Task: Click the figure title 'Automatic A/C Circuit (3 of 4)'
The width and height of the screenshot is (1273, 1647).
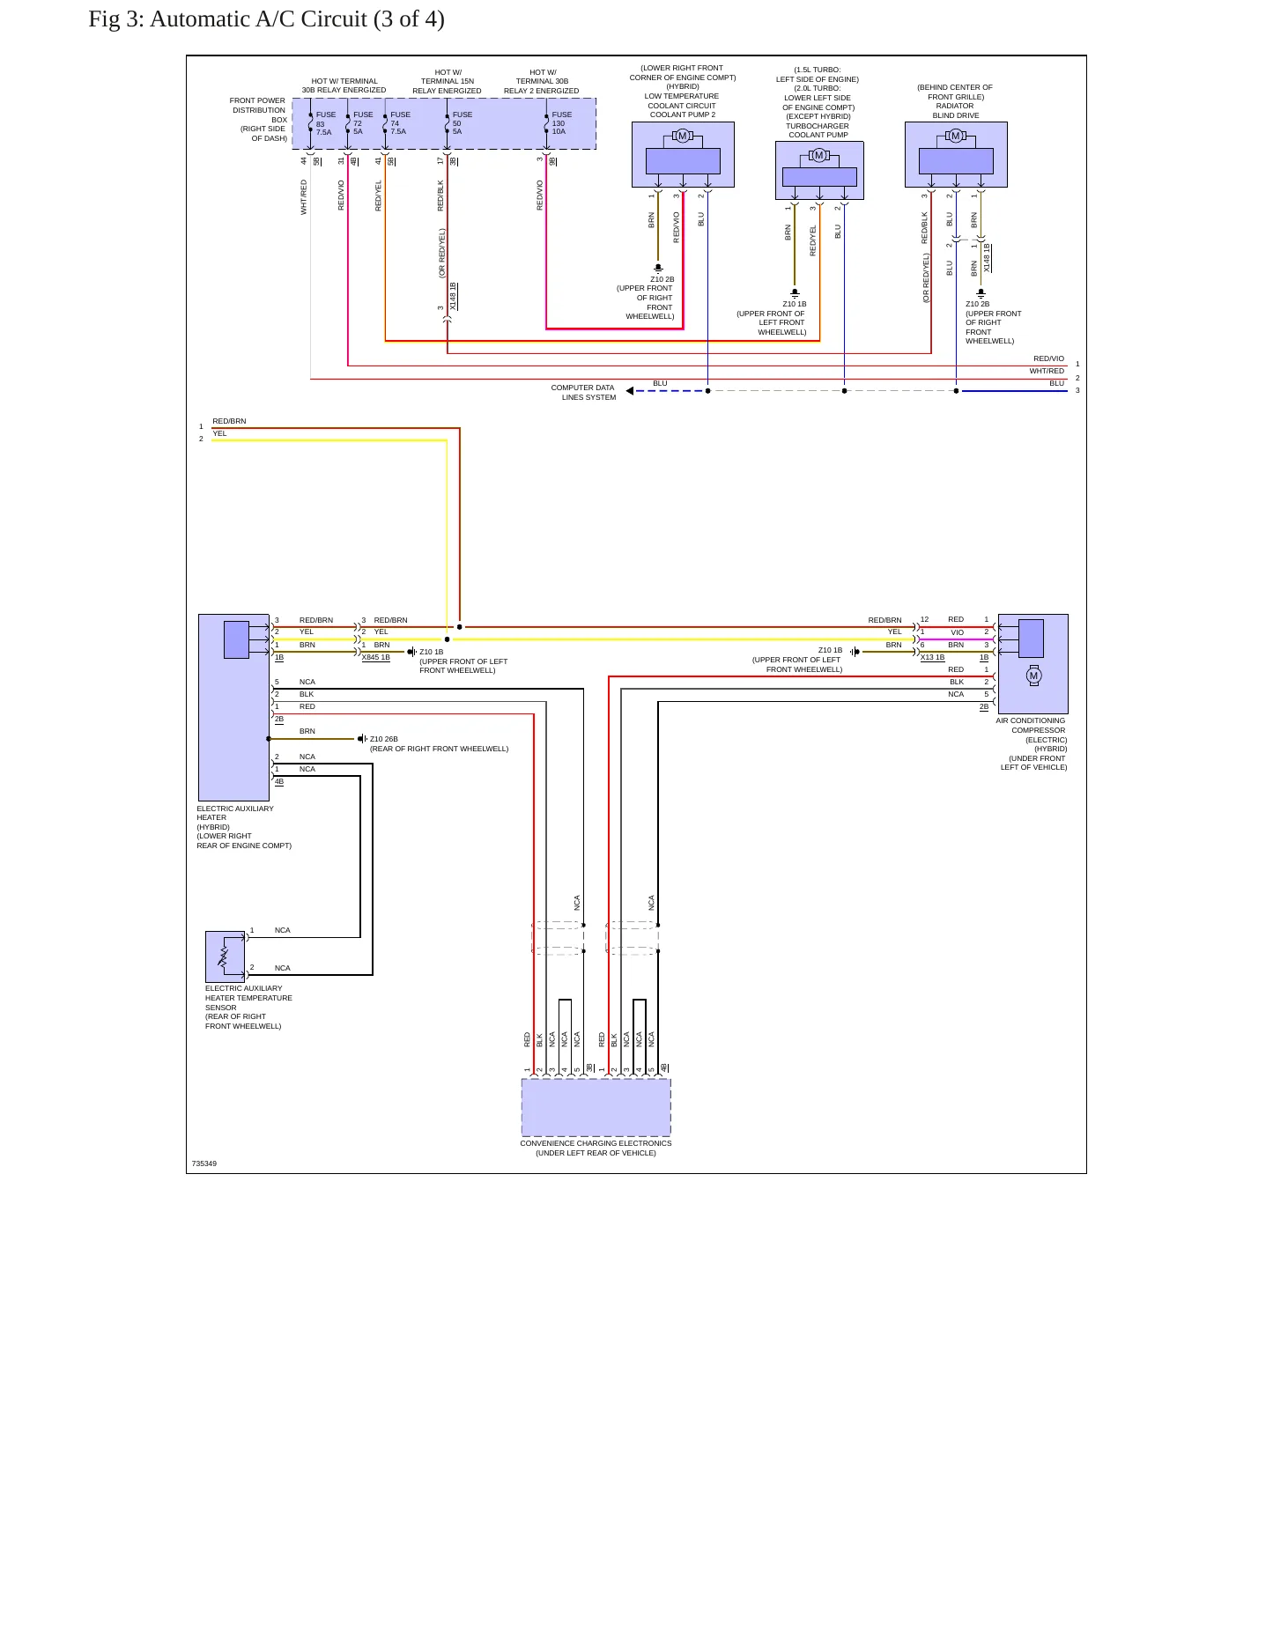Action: click(x=297, y=18)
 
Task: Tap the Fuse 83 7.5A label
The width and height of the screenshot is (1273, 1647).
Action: click(x=325, y=123)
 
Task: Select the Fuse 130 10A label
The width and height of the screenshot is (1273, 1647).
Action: click(x=561, y=123)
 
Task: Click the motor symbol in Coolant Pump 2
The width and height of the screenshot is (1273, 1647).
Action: click(x=682, y=136)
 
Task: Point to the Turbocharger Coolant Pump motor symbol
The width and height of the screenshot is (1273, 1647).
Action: click(x=818, y=156)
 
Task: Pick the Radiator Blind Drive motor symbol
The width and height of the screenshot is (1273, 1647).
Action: click(x=955, y=136)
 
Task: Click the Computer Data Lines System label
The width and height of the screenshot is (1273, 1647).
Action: click(x=583, y=393)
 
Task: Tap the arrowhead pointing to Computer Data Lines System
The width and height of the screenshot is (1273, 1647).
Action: click(x=630, y=391)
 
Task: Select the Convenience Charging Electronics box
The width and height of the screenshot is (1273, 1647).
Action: click(x=596, y=1107)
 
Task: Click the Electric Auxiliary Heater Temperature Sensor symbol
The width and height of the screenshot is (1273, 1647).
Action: click(x=225, y=956)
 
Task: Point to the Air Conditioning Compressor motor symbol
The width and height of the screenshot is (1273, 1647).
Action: click(x=1033, y=676)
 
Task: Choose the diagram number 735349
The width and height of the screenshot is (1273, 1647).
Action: click(x=204, y=1163)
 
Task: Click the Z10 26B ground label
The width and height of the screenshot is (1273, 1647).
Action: click(x=383, y=739)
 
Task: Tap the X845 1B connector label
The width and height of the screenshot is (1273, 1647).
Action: click(x=376, y=657)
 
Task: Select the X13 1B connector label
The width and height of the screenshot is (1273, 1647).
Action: click(x=932, y=657)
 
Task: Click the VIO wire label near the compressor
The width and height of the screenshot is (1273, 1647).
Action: click(x=958, y=632)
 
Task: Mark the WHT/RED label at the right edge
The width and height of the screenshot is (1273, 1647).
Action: click(x=1047, y=371)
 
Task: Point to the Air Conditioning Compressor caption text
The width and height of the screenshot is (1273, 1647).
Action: click(x=1032, y=744)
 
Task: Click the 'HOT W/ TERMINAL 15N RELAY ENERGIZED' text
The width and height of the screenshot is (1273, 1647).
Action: click(x=448, y=82)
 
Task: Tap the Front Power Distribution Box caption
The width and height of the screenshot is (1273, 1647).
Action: click(x=258, y=120)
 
